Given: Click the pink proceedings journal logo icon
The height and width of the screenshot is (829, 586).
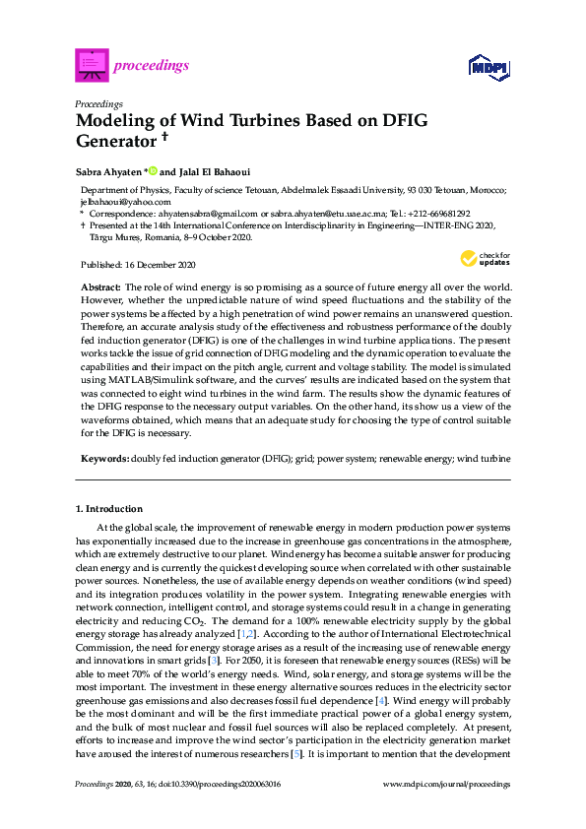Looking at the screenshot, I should click(x=91, y=66).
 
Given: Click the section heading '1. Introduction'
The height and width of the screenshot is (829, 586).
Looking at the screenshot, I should click(x=109, y=509).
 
